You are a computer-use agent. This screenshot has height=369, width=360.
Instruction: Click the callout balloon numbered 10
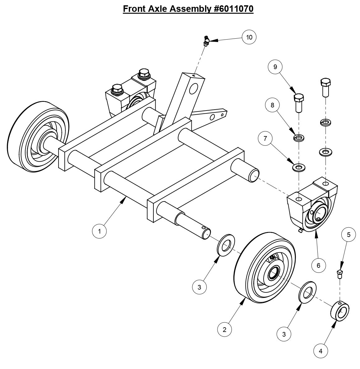click(x=249, y=37)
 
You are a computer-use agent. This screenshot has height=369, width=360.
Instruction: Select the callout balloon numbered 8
click(x=273, y=105)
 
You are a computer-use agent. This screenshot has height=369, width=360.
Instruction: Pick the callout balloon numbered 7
click(x=265, y=139)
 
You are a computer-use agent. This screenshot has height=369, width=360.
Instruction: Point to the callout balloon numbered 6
click(x=318, y=265)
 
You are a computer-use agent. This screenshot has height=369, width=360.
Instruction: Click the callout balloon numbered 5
click(x=348, y=234)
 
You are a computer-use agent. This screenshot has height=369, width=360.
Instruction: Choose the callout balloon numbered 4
click(x=321, y=352)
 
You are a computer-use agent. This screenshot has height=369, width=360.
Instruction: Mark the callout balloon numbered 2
click(x=224, y=329)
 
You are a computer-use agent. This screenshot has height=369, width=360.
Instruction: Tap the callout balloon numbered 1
click(x=100, y=231)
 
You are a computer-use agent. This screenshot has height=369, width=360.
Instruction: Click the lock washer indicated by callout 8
click(x=299, y=137)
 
